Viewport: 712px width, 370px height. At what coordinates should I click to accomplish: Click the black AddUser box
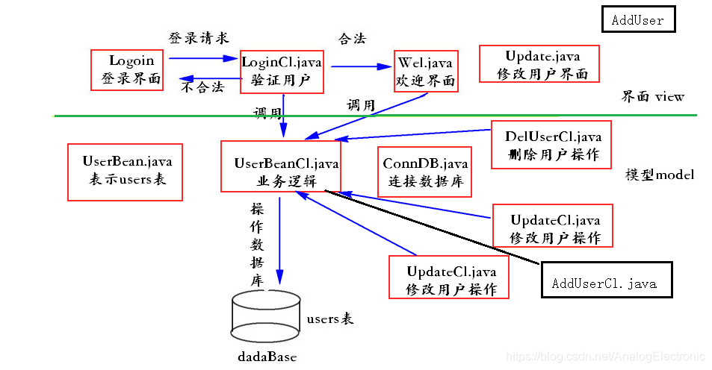pyautogui.click(x=638, y=19)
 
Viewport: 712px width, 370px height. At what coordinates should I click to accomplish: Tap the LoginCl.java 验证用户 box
pyautogui.click(x=282, y=72)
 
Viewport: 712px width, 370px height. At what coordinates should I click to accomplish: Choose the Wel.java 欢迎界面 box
pyautogui.click(x=425, y=70)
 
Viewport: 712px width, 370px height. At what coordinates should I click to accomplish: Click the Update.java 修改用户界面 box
pyautogui.click(x=542, y=65)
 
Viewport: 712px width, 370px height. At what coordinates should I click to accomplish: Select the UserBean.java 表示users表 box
pyautogui.click(x=125, y=171)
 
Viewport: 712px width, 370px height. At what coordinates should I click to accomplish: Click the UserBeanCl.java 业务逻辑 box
pyautogui.click(x=280, y=166)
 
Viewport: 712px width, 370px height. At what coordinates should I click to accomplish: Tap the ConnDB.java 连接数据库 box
pyautogui.click(x=425, y=172)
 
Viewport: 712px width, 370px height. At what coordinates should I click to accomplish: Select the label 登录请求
pyautogui.click(x=197, y=37)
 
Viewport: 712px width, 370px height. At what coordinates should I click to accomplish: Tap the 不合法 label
pyautogui.click(x=202, y=87)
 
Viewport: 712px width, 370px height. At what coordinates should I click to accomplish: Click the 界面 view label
pyautogui.click(x=652, y=96)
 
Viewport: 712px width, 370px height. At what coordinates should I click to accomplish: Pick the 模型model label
pyautogui.click(x=660, y=175)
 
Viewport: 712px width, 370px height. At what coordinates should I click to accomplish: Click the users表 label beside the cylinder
pyautogui.click(x=329, y=319)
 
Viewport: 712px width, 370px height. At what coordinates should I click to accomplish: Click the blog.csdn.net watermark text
pyautogui.click(x=604, y=357)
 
